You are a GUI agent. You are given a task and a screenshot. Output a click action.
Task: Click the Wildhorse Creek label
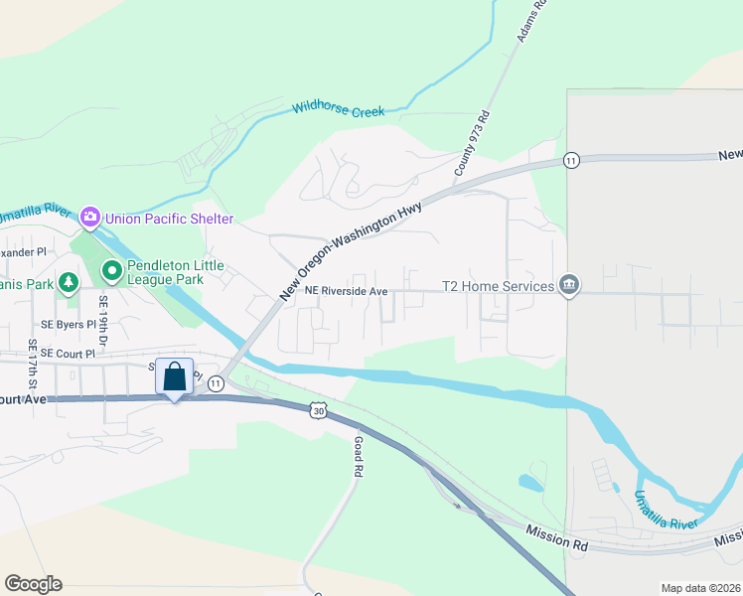click(x=338, y=110)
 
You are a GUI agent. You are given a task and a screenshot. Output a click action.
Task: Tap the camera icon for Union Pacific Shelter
click(x=90, y=216)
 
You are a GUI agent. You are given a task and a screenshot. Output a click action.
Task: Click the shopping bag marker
click(x=175, y=377)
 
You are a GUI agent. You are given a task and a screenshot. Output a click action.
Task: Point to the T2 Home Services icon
click(x=569, y=286)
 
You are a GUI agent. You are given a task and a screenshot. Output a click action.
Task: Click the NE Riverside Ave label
click(x=346, y=291)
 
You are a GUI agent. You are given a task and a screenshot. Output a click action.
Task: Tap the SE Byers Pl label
click(x=69, y=325)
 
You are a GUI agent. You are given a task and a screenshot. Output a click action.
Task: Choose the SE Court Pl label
click(x=69, y=353)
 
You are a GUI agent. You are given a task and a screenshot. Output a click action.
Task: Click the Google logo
click(x=33, y=584)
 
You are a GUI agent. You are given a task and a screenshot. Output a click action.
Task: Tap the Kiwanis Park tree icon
click(x=68, y=283)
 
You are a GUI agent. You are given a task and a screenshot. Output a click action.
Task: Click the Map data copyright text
click(x=699, y=588)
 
